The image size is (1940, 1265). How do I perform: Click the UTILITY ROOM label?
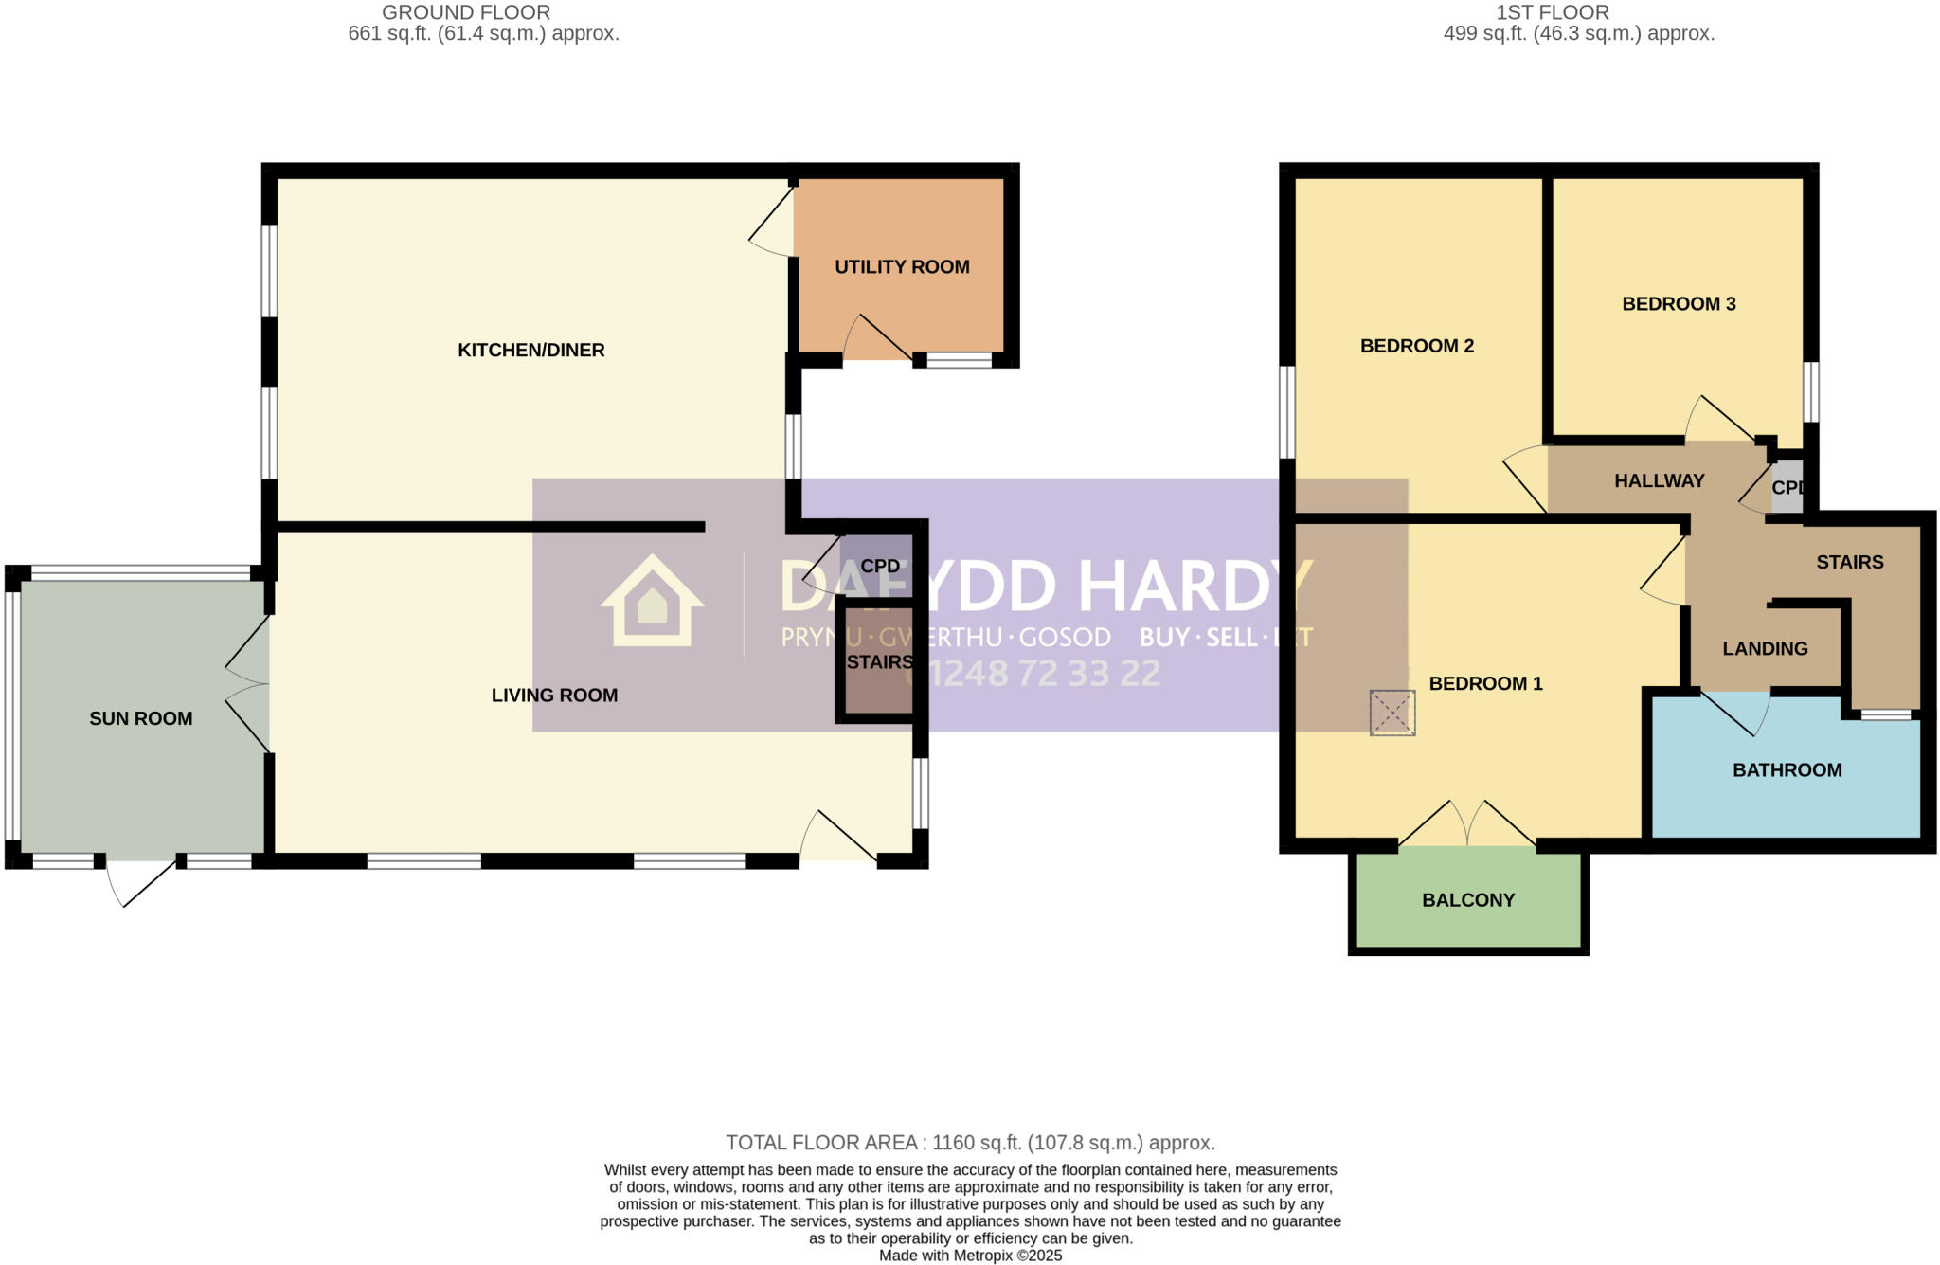pyautogui.click(x=902, y=267)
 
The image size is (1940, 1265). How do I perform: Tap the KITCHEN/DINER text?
pyautogui.click(x=530, y=351)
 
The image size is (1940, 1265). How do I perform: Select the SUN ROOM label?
pyautogui.click(x=140, y=719)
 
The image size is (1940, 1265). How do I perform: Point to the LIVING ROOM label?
pyautogui.click(x=554, y=696)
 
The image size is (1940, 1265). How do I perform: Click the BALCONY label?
pyautogui.click(x=1468, y=900)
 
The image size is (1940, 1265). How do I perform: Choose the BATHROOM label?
pyautogui.click(x=1787, y=770)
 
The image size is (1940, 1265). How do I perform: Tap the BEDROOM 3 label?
pyautogui.click(x=1679, y=304)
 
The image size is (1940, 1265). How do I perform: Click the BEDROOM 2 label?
pyautogui.click(x=1416, y=346)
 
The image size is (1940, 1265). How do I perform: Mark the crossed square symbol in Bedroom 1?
pyautogui.click(x=1392, y=713)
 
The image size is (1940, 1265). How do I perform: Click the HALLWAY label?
pyautogui.click(x=1659, y=481)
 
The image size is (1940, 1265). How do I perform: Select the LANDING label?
pyautogui.click(x=1765, y=649)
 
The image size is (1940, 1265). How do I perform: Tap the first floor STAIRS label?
pyautogui.click(x=1849, y=563)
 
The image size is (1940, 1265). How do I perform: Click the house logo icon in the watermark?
pyautogui.click(x=652, y=602)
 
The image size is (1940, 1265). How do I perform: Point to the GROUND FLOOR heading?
pyautogui.click(x=465, y=12)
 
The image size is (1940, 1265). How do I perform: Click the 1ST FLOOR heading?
pyautogui.click(x=1552, y=12)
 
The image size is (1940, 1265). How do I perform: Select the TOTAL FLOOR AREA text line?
pyautogui.click(x=970, y=1143)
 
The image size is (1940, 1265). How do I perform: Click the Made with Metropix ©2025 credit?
pyautogui.click(x=970, y=1256)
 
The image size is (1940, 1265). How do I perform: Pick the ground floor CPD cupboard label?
pyautogui.click(x=879, y=567)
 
